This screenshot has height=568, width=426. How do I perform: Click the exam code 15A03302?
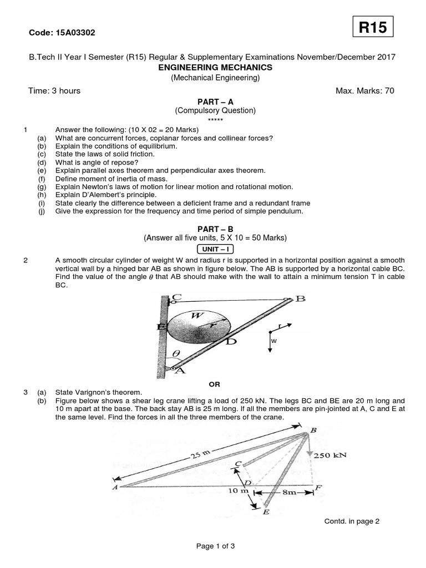(62, 33)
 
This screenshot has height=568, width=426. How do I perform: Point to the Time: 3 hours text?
(54, 91)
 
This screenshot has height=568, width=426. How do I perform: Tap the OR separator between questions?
(214, 383)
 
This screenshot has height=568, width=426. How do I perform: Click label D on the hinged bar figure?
(231, 342)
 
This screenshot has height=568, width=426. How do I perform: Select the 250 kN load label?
(330, 455)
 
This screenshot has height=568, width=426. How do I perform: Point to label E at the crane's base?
(266, 512)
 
